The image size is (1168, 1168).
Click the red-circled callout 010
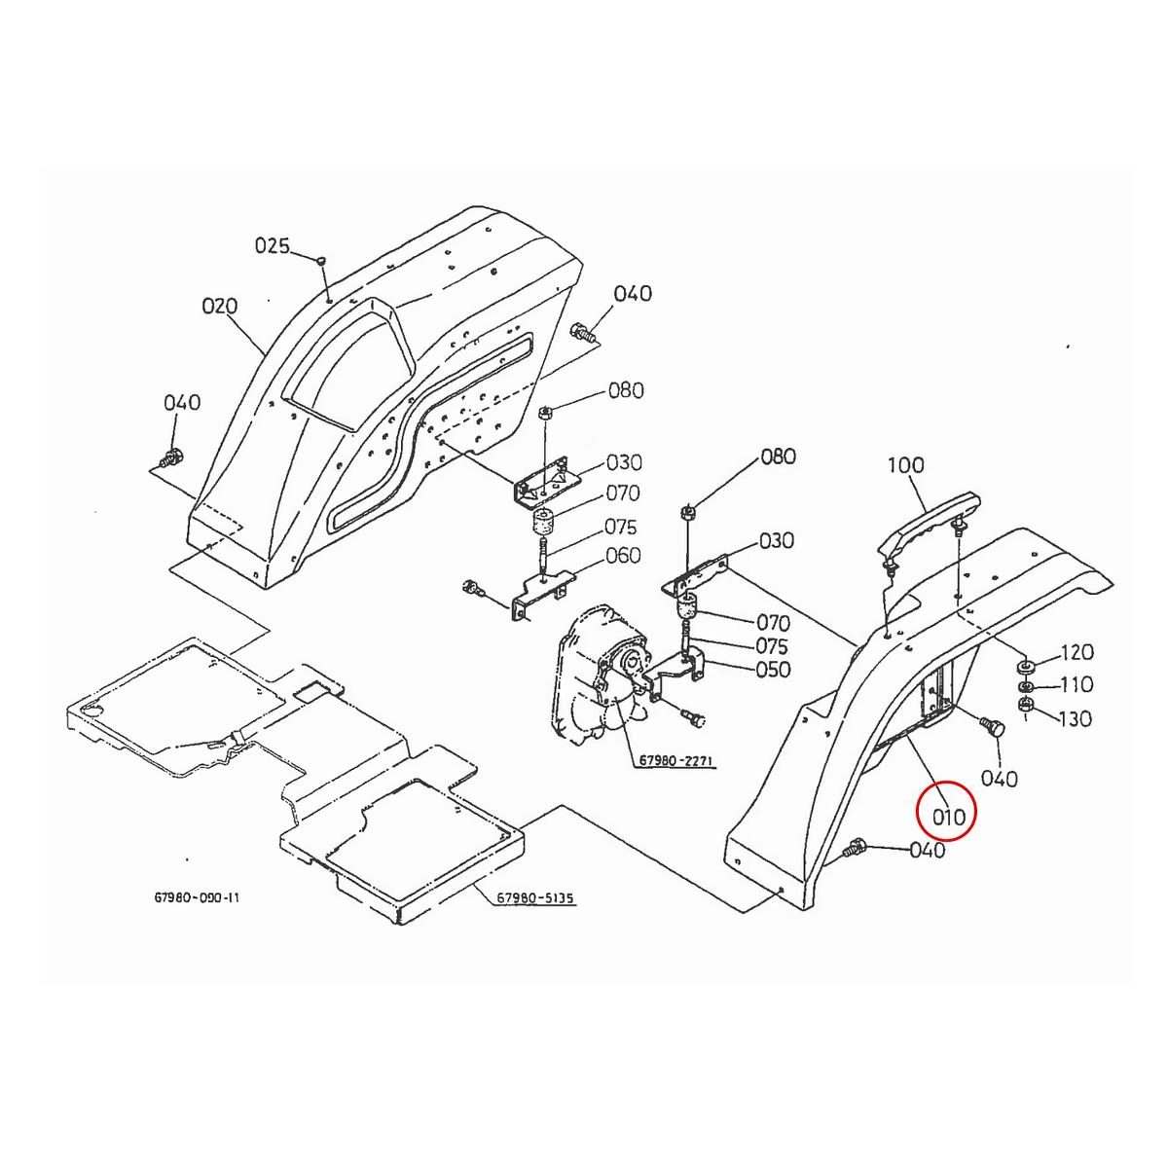[x=948, y=817]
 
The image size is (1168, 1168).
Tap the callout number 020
[x=220, y=307]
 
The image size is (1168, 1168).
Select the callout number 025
[x=273, y=246]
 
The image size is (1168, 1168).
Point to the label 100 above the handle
[x=905, y=466]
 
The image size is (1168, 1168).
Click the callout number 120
[x=1077, y=652]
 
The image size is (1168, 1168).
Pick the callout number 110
[x=1077, y=684]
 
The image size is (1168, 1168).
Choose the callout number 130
[x=1077, y=718]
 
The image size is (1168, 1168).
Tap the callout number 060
[x=623, y=556]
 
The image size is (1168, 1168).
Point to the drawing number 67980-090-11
[x=197, y=897]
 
